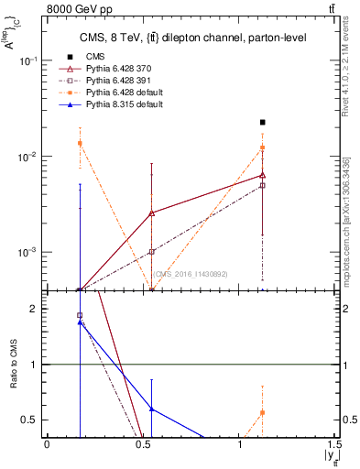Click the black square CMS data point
pyautogui.click(x=263, y=122)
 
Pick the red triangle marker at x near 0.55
pyautogui.click(x=151, y=213)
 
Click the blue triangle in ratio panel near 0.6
pyautogui.click(x=151, y=409)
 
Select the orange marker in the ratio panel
pyautogui.click(x=263, y=412)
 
